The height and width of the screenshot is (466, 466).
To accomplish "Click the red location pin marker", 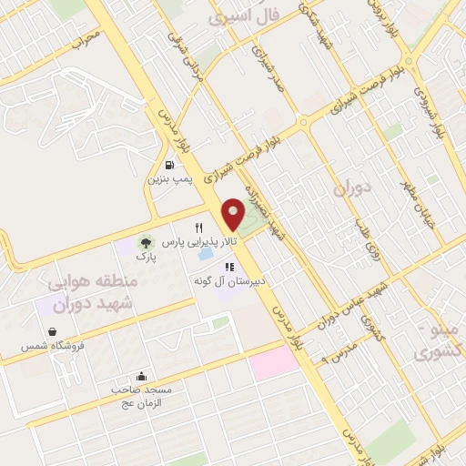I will pos(233,214).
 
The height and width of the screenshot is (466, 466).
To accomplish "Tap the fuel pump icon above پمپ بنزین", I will pos(169,165).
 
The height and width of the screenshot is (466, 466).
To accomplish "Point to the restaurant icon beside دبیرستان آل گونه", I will pos(229,268).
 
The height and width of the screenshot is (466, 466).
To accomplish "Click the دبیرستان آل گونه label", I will pos(228,282).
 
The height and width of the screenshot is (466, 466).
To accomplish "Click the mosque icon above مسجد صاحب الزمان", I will pos(141,375).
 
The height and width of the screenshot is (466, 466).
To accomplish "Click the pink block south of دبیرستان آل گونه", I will pos(274,363).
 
